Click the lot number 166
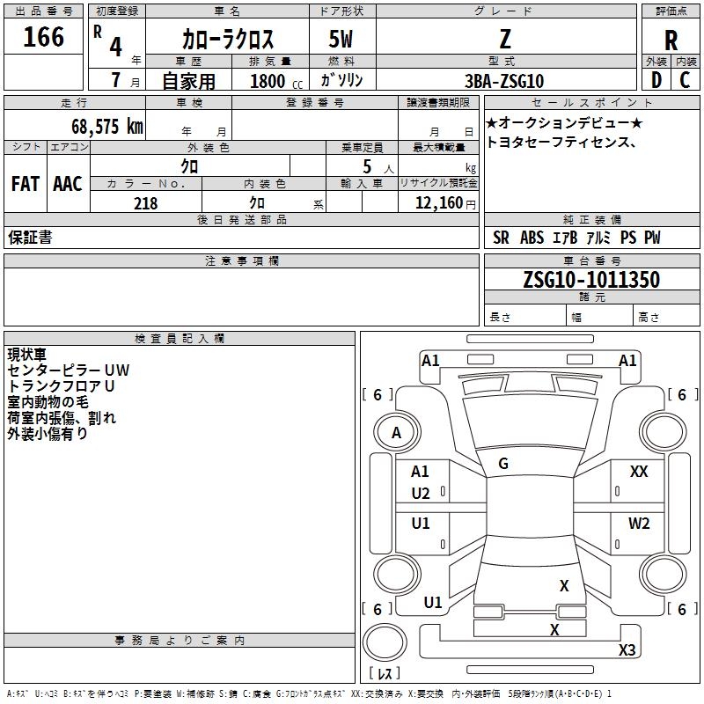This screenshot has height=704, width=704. (44, 38)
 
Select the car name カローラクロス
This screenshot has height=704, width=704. (228, 40)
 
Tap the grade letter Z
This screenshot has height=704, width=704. (504, 39)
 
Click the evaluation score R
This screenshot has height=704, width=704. (671, 40)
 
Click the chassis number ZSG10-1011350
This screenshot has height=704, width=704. (591, 280)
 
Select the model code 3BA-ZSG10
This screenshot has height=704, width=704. (504, 81)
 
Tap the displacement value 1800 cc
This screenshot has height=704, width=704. (274, 81)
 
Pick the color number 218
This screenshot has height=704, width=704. (145, 203)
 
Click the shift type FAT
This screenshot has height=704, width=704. (25, 184)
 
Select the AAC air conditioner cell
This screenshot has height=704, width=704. (68, 184)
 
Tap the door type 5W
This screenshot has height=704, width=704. (341, 40)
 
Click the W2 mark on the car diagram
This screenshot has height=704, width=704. (639, 524)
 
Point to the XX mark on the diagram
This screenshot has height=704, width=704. (639, 473)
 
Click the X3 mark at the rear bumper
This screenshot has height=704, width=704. (627, 650)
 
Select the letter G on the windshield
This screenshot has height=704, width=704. (503, 464)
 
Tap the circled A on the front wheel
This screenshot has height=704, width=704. (396, 432)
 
